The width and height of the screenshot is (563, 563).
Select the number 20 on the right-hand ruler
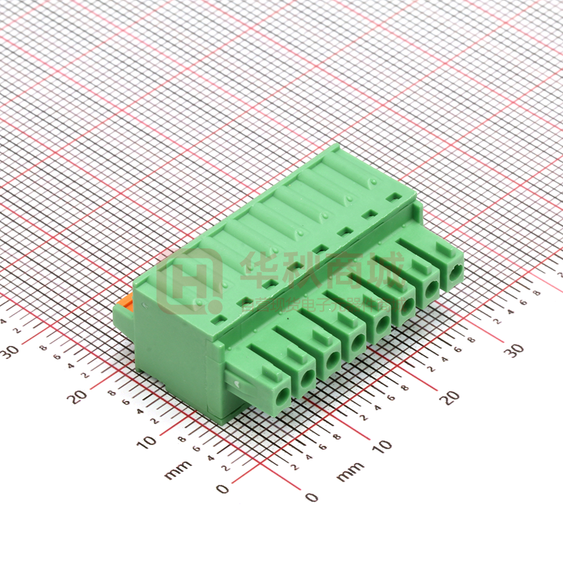pyautogui.click(x=449, y=397)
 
